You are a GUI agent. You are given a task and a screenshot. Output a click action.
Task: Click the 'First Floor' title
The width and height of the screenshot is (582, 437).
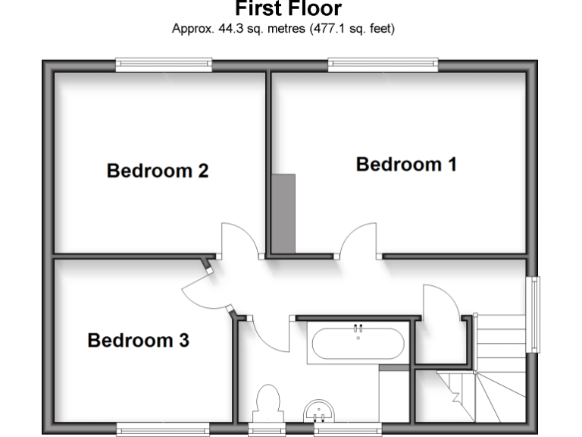(288, 9)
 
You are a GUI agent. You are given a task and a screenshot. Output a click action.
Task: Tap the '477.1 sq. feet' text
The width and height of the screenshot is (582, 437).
(352, 30)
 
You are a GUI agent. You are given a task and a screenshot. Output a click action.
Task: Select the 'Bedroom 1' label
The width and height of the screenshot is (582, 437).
(406, 164)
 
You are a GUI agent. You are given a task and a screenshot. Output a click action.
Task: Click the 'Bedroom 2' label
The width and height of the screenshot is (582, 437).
(158, 171)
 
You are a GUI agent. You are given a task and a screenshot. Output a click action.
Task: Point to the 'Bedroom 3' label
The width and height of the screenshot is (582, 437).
(138, 341)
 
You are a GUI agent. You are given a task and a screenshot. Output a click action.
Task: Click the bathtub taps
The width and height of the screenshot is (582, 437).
(358, 329)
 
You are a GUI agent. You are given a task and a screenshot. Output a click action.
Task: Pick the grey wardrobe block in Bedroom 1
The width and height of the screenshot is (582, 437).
(283, 213)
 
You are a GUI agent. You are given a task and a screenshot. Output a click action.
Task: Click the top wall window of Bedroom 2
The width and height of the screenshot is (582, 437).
(163, 66)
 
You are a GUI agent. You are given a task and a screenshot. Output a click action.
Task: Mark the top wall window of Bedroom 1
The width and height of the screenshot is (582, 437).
(383, 66)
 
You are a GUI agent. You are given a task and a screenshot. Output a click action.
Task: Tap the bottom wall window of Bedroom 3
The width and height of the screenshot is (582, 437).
(163, 430)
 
